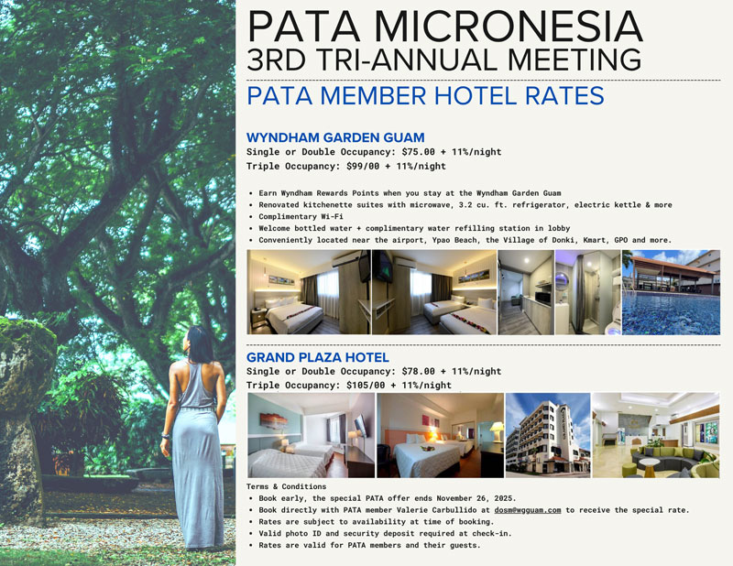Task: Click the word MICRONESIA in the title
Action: tap(509, 27)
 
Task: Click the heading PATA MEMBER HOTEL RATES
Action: tap(425, 96)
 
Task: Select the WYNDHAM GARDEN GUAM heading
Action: tap(335, 137)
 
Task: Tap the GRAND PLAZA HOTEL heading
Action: tap(318, 357)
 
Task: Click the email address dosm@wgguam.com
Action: tap(528, 510)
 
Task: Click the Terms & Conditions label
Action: tap(286, 486)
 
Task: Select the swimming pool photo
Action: tap(671, 292)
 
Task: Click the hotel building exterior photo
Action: tap(548, 435)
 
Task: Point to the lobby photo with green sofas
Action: tap(656, 435)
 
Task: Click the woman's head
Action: tap(200, 344)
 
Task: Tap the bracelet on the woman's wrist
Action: tap(166, 436)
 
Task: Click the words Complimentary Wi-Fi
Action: tap(301, 216)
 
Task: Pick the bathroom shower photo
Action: tap(587, 292)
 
